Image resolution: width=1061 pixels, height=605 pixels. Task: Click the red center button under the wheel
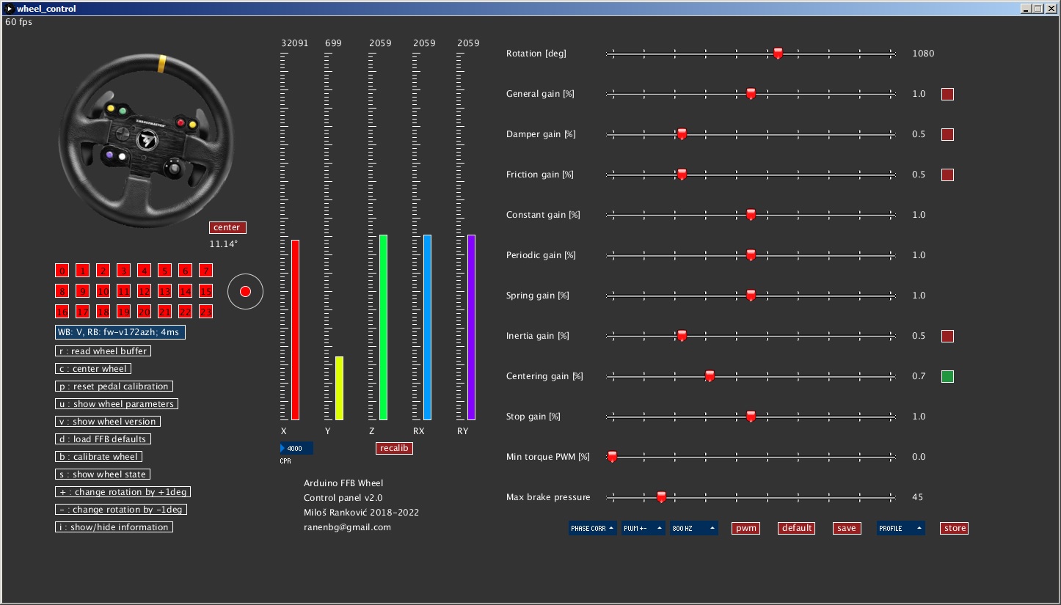[227, 227]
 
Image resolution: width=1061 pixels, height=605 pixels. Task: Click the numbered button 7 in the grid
[205, 271]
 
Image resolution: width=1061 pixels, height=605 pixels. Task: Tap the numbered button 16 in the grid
[62, 312]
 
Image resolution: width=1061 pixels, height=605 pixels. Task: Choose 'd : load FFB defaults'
[103, 439]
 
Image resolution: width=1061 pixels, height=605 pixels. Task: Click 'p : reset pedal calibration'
[114, 386]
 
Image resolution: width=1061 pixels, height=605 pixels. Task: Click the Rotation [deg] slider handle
[778, 53]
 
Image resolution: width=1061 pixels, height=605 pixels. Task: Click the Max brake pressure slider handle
[661, 496]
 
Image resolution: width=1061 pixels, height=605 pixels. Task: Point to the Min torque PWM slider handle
[612, 456]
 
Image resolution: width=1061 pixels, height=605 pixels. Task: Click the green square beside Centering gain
[947, 377]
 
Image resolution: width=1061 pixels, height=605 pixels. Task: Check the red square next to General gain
[947, 95]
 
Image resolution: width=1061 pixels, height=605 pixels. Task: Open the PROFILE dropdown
[900, 528]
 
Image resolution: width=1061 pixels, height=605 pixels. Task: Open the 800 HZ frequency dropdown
[693, 528]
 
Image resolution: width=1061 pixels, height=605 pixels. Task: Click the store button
[955, 528]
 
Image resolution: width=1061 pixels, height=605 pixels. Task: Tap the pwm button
[745, 528]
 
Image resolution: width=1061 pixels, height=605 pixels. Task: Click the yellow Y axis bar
[339, 388]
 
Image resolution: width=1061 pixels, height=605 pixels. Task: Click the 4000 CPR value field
[297, 448]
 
